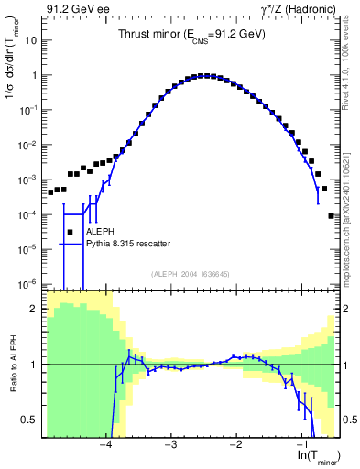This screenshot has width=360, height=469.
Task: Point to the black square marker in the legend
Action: coord(71,232)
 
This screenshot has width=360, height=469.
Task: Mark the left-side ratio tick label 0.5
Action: coord(31,420)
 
